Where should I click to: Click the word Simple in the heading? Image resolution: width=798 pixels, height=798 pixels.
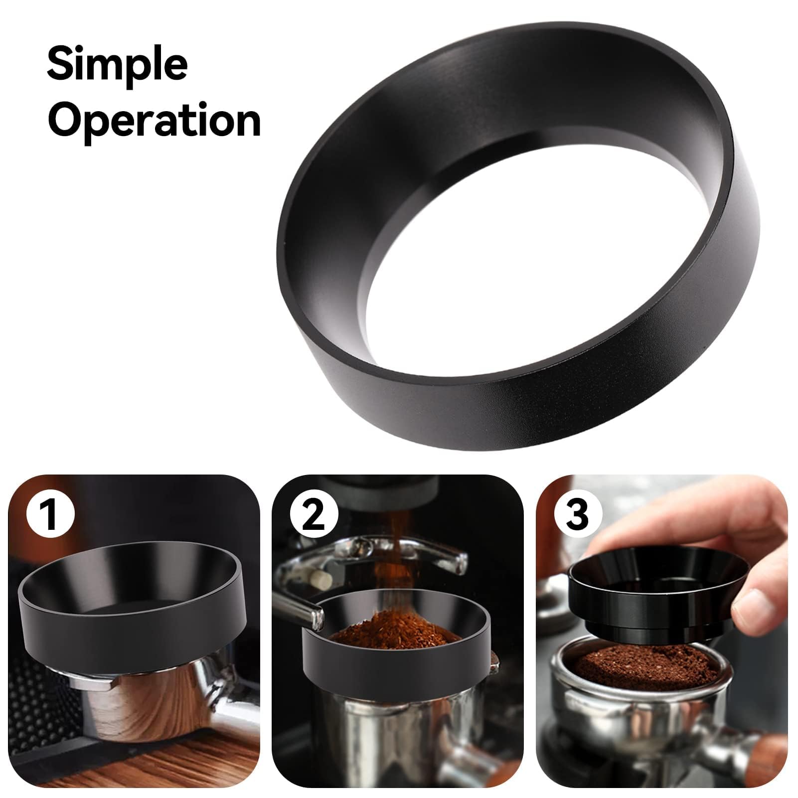117,66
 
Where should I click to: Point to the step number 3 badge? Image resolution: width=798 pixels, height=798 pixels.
577,515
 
